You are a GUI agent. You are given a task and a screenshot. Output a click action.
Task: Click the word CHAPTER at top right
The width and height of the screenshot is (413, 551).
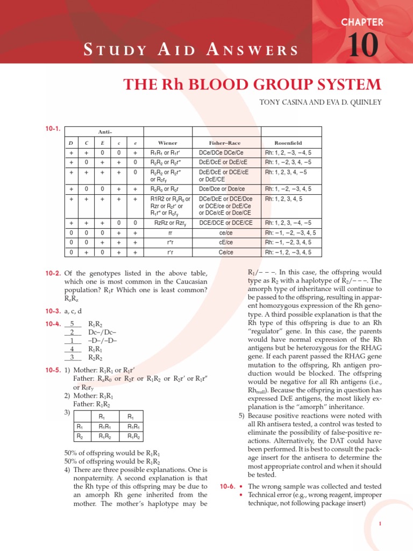tap(362, 22)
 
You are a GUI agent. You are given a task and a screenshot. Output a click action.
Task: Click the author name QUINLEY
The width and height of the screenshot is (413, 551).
tap(364, 103)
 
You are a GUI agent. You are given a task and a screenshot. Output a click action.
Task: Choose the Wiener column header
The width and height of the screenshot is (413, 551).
tap(167, 143)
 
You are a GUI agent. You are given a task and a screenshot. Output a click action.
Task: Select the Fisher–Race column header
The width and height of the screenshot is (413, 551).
tap(226, 143)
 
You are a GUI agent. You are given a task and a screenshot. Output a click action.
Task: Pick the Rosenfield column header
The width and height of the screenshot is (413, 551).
tap(288, 143)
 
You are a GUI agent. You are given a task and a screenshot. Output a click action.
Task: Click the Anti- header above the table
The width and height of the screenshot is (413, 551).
tap(105, 131)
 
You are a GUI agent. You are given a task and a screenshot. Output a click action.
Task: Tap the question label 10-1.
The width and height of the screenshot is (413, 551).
tap(53, 129)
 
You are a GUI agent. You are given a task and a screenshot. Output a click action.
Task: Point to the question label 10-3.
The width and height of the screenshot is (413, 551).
tap(53, 311)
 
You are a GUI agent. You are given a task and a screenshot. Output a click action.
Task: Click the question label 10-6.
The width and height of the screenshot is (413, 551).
tap(228, 486)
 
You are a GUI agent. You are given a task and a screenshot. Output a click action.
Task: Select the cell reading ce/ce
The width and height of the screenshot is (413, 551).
tap(226, 232)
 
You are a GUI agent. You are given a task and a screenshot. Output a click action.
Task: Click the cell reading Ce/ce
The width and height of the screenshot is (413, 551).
tap(226, 252)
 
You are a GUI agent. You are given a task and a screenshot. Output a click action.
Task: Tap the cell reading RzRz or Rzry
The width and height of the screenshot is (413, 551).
tap(167, 223)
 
